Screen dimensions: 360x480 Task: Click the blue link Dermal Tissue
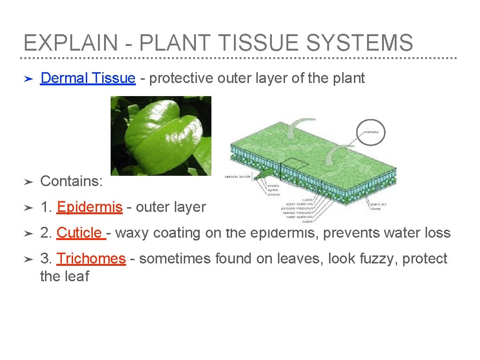[88, 78]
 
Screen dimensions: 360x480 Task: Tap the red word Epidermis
[90, 207]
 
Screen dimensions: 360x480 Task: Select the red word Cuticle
[79, 233]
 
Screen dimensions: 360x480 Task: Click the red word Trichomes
[91, 259]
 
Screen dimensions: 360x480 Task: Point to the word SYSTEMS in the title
[360, 43]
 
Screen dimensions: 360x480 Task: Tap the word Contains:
[71, 181]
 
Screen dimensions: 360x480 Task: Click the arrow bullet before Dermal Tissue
[28, 79]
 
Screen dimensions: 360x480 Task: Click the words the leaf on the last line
[65, 277]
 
